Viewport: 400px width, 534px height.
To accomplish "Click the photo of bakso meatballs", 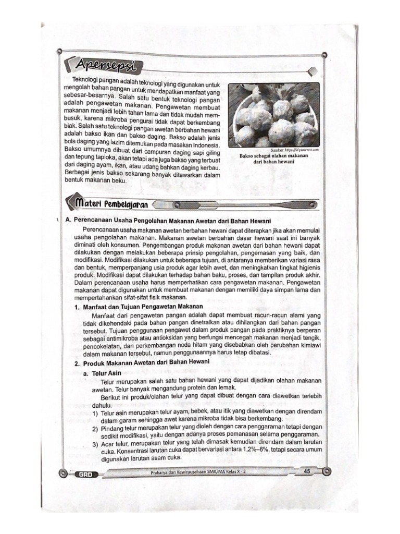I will [x=274, y=115].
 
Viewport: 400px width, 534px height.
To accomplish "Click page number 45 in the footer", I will [x=306, y=471].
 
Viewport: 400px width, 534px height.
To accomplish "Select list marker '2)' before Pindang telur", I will [x=96, y=428].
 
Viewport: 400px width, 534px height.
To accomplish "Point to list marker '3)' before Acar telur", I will [x=96, y=444].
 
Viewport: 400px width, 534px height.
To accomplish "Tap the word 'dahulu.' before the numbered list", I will [x=102, y=405].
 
